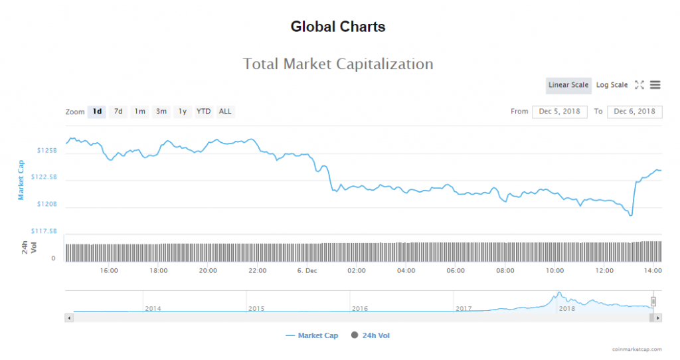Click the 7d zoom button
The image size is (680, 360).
click(x=118, y=112)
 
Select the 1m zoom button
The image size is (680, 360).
click(x=139, y=112)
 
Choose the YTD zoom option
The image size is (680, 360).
click(x=203, y=112)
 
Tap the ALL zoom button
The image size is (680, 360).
click(x=225, y=112)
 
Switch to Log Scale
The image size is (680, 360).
click(x=612, y=85)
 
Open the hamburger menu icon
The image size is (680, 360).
click(x=655, y=85)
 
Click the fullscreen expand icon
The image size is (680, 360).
click(x=639, y=85)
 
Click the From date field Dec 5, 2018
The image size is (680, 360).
click(x=560, y=112)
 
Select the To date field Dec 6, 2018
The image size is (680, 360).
click(x=635, y=112)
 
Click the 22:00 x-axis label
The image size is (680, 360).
click(x=258, y=271)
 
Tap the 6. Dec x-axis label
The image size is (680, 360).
click(x=307, y=271)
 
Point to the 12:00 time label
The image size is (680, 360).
click(x=604, y=271)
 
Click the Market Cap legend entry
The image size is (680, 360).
click(x=317, y=336)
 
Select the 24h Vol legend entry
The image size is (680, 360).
click(x=375, y=336)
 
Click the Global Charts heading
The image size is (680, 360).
click(x=338, y=27)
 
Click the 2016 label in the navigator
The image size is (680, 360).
click(x=360, y=309)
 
